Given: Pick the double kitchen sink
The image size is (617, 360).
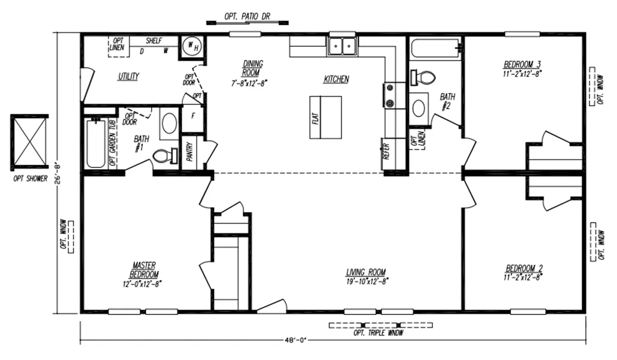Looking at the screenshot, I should coord(342,45).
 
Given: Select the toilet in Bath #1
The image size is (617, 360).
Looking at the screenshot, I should coord(162,157).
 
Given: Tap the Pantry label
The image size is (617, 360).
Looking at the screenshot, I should coord(189,153).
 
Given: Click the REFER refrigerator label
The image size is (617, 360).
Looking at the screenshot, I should coord(387,149).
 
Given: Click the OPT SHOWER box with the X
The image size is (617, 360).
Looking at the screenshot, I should coord(29,140).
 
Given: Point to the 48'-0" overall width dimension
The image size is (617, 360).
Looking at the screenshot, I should coord(296,340).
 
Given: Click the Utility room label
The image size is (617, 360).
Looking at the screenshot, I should coord(128,77).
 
